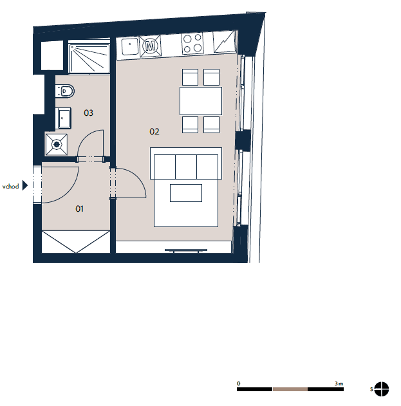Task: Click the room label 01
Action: [x=79, y=208]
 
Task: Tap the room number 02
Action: [x=154, y=131]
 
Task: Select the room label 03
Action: [x=88, y=113]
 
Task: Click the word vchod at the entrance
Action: [x=11, y=187]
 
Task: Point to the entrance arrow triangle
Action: [x=25, y=185]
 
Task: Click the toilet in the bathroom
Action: [x=65, y=91]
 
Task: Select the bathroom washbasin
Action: [x=63, y=118]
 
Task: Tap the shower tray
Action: [x=89, y=59]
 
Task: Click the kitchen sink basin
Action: [x=130, y=46]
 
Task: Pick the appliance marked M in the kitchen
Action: [x=150, y=46]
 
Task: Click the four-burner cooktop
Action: [x=192, y=44]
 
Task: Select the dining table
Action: [x=201, y=101]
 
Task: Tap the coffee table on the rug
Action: [x=186, y=193]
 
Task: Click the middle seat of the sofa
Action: [x=186, y=167]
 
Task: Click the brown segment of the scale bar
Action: [x=290, y=389]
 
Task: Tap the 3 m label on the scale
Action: [x=339, y=383]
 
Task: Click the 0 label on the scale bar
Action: [x=239, y=383]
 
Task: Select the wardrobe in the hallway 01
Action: [x=76, y=242]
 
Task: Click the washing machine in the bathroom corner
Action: [x=57, y=145]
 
